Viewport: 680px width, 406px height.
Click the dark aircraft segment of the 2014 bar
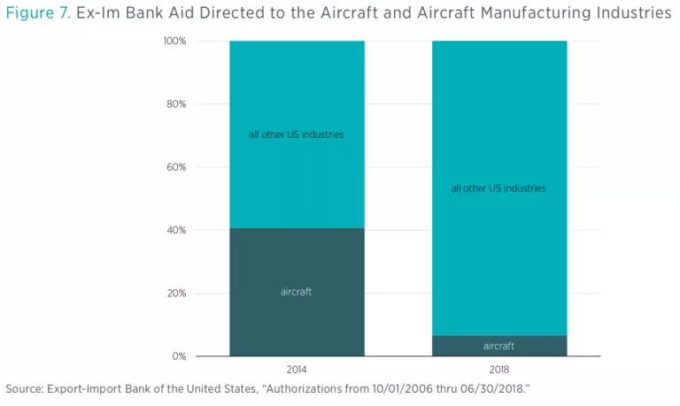[296, 318]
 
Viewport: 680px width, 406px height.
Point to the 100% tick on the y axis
[174, 42]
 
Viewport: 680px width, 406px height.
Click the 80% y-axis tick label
[176, 104]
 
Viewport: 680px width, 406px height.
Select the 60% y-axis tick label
[176, 167]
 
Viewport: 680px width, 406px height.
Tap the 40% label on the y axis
[176, 230]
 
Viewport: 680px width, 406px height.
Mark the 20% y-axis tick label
[176, 294]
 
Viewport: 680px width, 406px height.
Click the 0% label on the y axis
[179, 356]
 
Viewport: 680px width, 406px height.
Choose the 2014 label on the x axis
[296, 369]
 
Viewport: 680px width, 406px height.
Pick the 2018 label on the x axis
[498, 369]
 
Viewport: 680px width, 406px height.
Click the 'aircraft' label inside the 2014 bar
[296, 292]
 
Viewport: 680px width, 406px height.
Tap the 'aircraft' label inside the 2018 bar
[498, 346]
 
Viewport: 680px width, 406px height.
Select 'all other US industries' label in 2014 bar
[296, 135]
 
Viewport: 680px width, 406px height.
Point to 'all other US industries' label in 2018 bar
[498, 188]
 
